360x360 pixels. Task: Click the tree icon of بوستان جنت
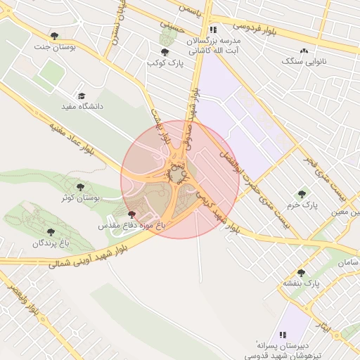click(x=54, y=36)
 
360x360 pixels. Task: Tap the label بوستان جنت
click(x=53, y=47)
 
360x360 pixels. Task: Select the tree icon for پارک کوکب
click(x=165, y=52)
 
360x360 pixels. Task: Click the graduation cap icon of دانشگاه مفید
click(x=81, y=96)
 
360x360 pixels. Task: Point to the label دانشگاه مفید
click(x=81, y=107)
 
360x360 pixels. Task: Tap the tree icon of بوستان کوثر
click(x=81, y=187)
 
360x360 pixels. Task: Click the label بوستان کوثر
click(x=81, y=198)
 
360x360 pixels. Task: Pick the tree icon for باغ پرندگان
click(x=51, y=232)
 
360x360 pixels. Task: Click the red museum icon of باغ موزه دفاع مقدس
click(x=132, y=214)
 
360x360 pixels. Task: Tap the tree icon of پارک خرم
click(x=302, y=194)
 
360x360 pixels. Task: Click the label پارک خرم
click(x=302, y=205)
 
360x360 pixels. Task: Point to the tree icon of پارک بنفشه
click(x=302, y=273)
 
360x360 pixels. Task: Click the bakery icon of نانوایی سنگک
click(x=304, y=51)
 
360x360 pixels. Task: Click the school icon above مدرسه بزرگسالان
click(x=213, y=30)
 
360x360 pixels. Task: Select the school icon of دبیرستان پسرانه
click(x=283, y=335)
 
